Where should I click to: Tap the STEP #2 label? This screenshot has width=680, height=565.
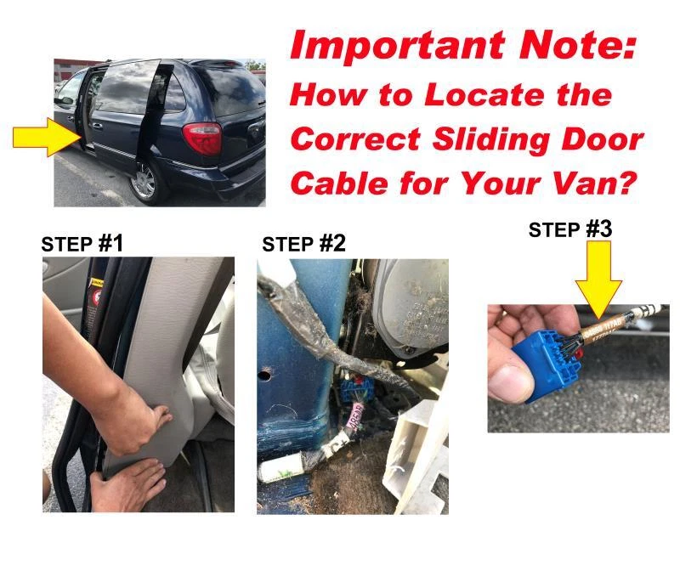303,245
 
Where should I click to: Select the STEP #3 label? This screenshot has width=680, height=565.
570,229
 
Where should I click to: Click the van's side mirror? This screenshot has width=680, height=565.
66,101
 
